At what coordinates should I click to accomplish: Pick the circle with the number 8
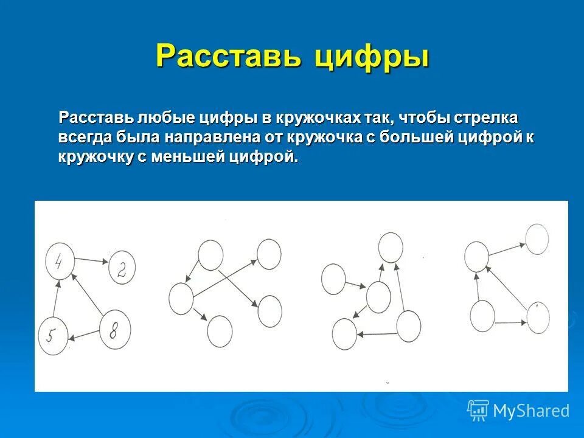tap(115, 330)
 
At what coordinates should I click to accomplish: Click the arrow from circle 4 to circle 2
tap(92, 260)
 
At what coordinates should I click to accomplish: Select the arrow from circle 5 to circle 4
tap(57, 301)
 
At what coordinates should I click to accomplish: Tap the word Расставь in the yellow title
tap(229, 57)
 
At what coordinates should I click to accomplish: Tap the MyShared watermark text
tap(531, 411)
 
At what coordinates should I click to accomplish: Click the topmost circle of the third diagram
tap(391, 247)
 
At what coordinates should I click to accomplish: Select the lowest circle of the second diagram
tap(220, 331)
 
